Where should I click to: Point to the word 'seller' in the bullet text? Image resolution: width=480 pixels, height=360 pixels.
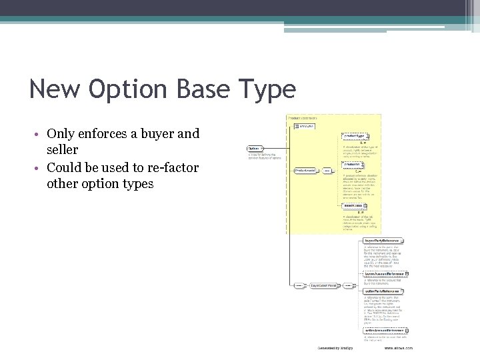[63, 150]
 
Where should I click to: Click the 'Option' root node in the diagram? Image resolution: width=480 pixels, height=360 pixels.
[254, 148]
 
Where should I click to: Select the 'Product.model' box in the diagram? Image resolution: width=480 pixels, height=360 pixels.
[307, 170]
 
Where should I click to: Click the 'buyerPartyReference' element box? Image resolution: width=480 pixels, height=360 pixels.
[383, 241]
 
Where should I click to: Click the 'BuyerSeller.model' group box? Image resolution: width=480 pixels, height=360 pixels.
[325, 285]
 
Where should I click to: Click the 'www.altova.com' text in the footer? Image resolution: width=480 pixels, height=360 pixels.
[398, 348]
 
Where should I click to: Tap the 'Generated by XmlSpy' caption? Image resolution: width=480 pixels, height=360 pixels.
[335, 348]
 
